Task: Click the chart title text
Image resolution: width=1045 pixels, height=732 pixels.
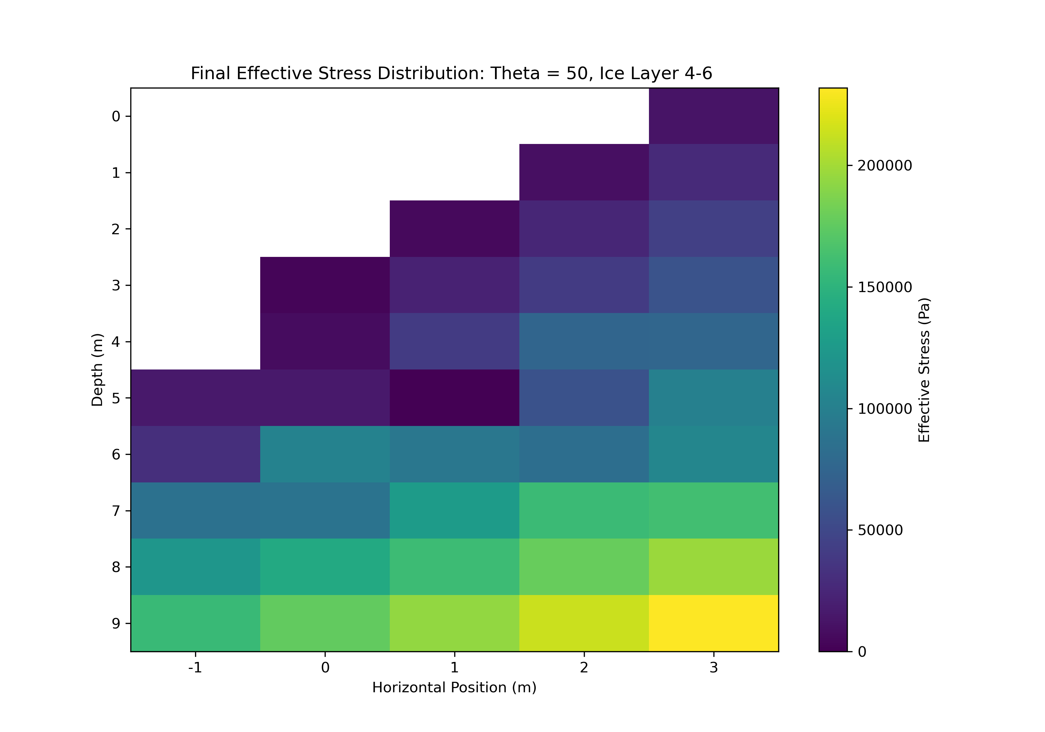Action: tap(451, 73)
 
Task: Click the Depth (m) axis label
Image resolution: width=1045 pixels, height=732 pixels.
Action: tap(98, 370)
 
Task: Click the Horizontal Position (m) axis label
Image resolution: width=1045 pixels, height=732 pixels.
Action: tap(454, 687)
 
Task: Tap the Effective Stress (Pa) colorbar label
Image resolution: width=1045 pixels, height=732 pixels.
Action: tap(924, 370)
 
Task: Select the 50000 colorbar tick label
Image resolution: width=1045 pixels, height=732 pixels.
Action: tap(880, 530)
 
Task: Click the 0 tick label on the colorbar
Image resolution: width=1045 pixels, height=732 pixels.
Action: tap(862, 652)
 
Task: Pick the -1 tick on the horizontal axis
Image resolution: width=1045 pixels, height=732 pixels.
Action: tap(195, 668)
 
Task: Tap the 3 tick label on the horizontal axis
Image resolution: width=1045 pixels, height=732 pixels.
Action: tap(713, 668)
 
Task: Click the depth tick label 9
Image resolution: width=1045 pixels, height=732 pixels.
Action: tap(116, 624)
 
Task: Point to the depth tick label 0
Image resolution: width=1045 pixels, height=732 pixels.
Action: tap(116, 117)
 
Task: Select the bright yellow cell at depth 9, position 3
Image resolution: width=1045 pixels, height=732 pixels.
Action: tap(713, 623)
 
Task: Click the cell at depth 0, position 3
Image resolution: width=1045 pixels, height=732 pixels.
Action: tap(713, 116)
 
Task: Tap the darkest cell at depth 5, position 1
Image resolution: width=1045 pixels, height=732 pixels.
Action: tap(454, 398)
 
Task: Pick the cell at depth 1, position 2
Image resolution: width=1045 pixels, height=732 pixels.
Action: tap(584, 172)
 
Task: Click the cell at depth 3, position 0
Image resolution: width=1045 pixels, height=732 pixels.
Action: tap(325, 285)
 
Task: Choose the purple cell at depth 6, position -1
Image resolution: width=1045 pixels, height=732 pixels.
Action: tap(195, 454)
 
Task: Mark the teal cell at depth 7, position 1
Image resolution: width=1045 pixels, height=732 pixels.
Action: tap(454, 511)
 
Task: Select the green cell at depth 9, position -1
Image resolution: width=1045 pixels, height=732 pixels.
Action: tap(195, 623)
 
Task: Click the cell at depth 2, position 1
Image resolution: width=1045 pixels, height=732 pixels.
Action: tap(454, 229)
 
